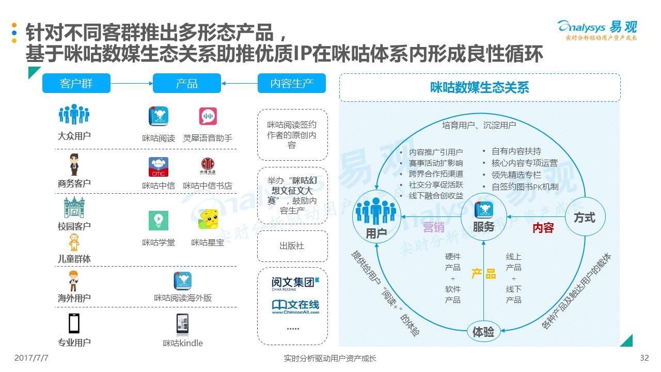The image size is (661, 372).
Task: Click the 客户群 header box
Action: point(76,83)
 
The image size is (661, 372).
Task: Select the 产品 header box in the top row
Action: point(186,83)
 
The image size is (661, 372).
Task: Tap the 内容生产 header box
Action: point(292,83)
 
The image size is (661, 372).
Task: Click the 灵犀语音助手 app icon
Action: point(208,116)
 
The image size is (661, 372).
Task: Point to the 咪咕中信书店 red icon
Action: point(208,166)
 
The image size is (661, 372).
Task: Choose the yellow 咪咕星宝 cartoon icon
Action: point(209,219)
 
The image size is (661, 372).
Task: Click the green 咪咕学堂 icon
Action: point(159,220)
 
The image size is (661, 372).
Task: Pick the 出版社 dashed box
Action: point(292,246)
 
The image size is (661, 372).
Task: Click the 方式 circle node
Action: point(585,218)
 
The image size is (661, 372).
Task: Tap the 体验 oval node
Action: point(483,332)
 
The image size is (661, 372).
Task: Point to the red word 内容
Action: point(543,227)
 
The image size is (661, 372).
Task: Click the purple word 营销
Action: point(433,227)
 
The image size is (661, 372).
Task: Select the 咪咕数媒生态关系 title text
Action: point(480,87)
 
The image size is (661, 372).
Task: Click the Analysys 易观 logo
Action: point(597,29)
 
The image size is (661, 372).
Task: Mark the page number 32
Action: point(644,358)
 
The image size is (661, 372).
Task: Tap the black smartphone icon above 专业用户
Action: point(74,323)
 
